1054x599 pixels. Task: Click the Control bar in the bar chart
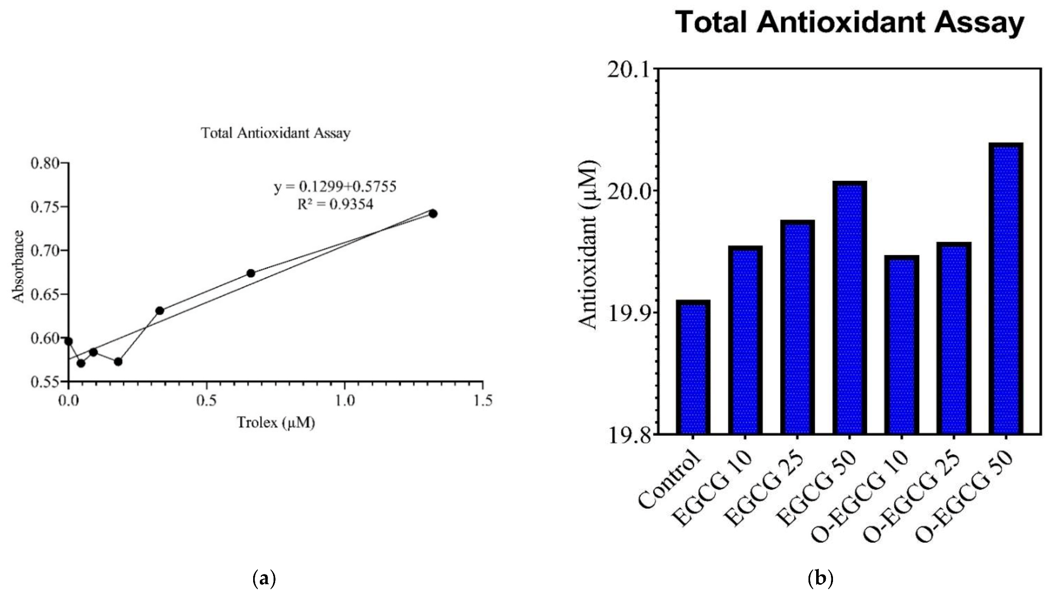(693, 367)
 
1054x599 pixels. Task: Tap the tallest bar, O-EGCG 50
(1006, 289)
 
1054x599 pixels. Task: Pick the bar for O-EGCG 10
(901, 345)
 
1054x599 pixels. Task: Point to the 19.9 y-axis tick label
(626, 312)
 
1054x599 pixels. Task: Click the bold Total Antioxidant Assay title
(850, 23)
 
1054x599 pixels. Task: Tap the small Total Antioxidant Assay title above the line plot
(276, 133)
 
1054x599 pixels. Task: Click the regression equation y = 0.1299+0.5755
(335, 187)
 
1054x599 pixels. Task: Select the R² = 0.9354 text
(335, 205)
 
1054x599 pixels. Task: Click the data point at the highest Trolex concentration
(433, 213)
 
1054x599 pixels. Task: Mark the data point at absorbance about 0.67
(251, 273)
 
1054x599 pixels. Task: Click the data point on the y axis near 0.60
(68, 341)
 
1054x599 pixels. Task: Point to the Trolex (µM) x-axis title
(276, 422)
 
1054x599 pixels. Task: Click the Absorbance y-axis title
(18, 266)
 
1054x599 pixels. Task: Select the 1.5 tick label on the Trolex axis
(482, 401)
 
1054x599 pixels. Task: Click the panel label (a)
(264, 579)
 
